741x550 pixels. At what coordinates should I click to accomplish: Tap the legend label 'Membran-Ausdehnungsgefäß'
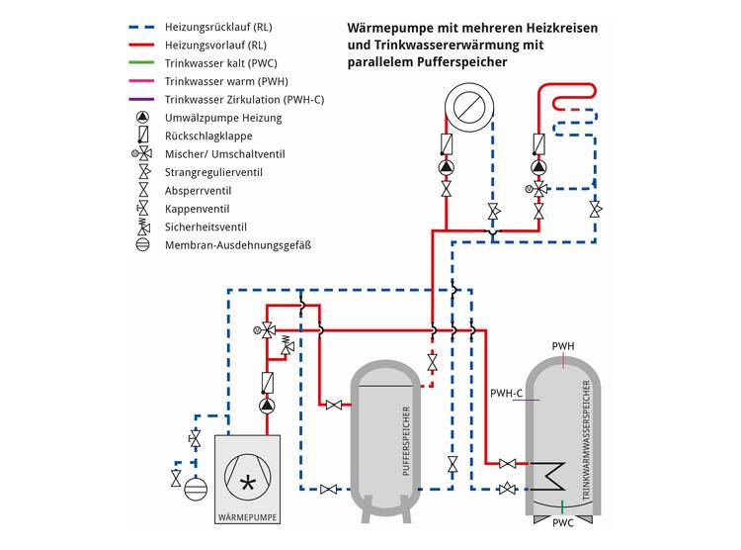(x=238, y=244)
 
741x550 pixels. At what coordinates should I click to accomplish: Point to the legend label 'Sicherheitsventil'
(x=206, y=227)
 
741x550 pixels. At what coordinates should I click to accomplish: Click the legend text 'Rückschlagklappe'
(x=209, y=137)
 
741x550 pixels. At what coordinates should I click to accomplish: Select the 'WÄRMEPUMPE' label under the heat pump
(x=247, y=516)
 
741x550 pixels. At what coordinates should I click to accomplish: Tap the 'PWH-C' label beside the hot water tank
(x=507, y=394)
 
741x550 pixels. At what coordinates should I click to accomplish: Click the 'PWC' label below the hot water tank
(x=563, y=522)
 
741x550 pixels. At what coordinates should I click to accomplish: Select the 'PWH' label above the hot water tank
(x=563, y=346)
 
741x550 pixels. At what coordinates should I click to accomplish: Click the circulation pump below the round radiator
(x=446, y=167)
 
